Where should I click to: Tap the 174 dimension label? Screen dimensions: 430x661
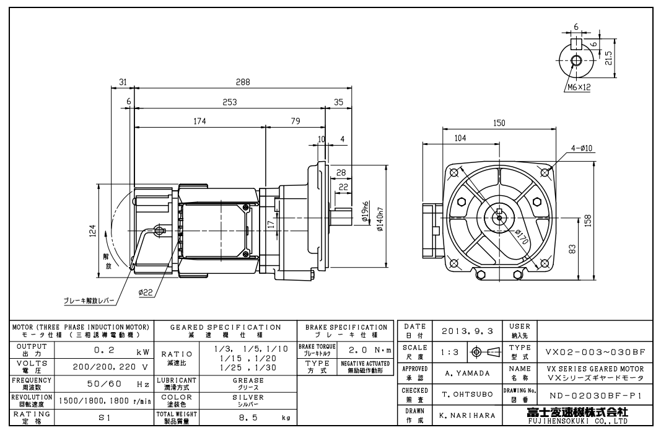click(x=199, y=121)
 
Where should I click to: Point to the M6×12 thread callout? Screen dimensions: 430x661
click(x=578, y=87)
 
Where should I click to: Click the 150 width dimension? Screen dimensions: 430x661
click(x=499, y=123)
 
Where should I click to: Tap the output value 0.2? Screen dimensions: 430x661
click(x=102, y=350)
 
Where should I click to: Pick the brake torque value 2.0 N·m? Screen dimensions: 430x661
click(x=367, y=349)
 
